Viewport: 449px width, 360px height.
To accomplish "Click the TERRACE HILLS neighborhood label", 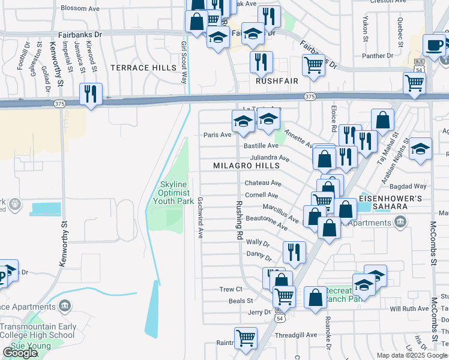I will [143, 68].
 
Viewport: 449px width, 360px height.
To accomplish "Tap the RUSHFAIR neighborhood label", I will [277, 80].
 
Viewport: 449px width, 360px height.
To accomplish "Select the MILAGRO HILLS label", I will [247, 166].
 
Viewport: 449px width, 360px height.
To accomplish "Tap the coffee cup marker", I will [434, 45].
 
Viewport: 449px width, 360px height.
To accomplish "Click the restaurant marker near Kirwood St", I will [91, 94].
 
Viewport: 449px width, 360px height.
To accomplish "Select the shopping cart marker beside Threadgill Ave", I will [246, 337].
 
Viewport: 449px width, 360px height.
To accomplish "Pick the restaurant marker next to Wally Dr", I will [294, 251].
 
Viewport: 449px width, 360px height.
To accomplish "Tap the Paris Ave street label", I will [217, 135].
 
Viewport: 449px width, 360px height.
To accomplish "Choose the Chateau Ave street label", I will [262, 183].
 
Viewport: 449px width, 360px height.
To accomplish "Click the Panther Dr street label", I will [378, 56].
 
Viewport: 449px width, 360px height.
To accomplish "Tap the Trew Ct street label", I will [231, 289].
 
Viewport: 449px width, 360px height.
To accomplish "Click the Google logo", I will [20, 353].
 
